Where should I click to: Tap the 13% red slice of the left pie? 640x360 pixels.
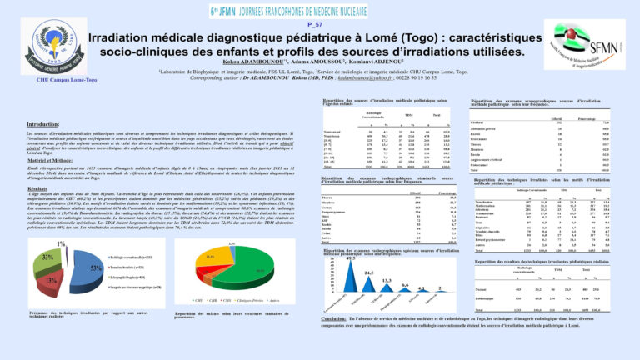coord(52,280)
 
